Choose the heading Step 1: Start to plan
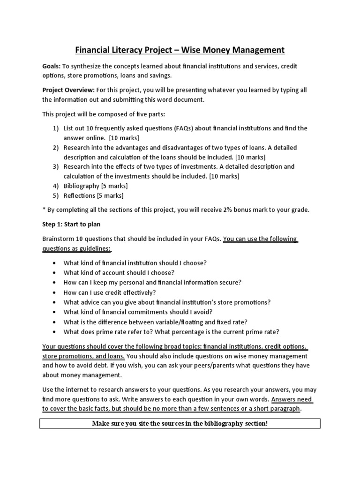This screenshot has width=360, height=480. pyautogui.click(x=71, y=225)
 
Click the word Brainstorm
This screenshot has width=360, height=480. pyautogui.click(x=59, y=239)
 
